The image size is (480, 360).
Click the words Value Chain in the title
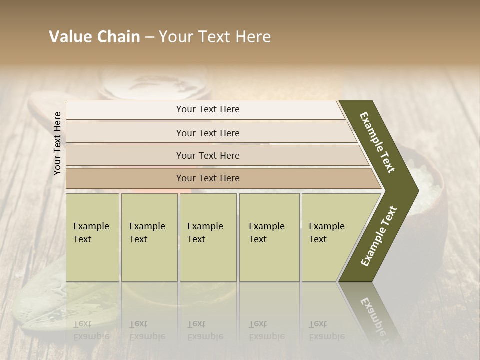pyautogui.click(x=94, y=37)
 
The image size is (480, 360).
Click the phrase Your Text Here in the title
pyautogui.click(x=215, y=37)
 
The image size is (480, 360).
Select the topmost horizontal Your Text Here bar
pyautogui.click(x=207, y=109)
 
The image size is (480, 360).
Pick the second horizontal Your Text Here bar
pyautogui.click(x=207, y=133)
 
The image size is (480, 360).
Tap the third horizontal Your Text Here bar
pyautogui.click(x=207, y=155)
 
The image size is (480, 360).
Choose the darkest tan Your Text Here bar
pyautogui.click(x=207, y=178)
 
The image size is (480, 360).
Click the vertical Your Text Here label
pyautogui.click(x=58, y=143)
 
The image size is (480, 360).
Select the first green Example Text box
pyautogui.click(x=92, y=237)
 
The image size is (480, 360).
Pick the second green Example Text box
pyautogui.click(x=149, y=237)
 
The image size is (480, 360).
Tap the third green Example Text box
pyautogui.click(x=208, y=237)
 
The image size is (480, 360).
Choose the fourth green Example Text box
pyautogui.click(x=269, y=237)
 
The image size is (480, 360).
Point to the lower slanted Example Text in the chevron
pyautogui.click(x=379, y=236)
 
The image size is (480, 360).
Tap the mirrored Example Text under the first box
pyautogui.click(x=91, y=330)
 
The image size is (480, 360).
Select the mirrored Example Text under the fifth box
pyautogui.click(x=327, y=330)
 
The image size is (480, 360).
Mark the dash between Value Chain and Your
pyautogui.click(x=149, y=37)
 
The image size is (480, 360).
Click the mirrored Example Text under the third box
pyautogui.click(x=205, y=330)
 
